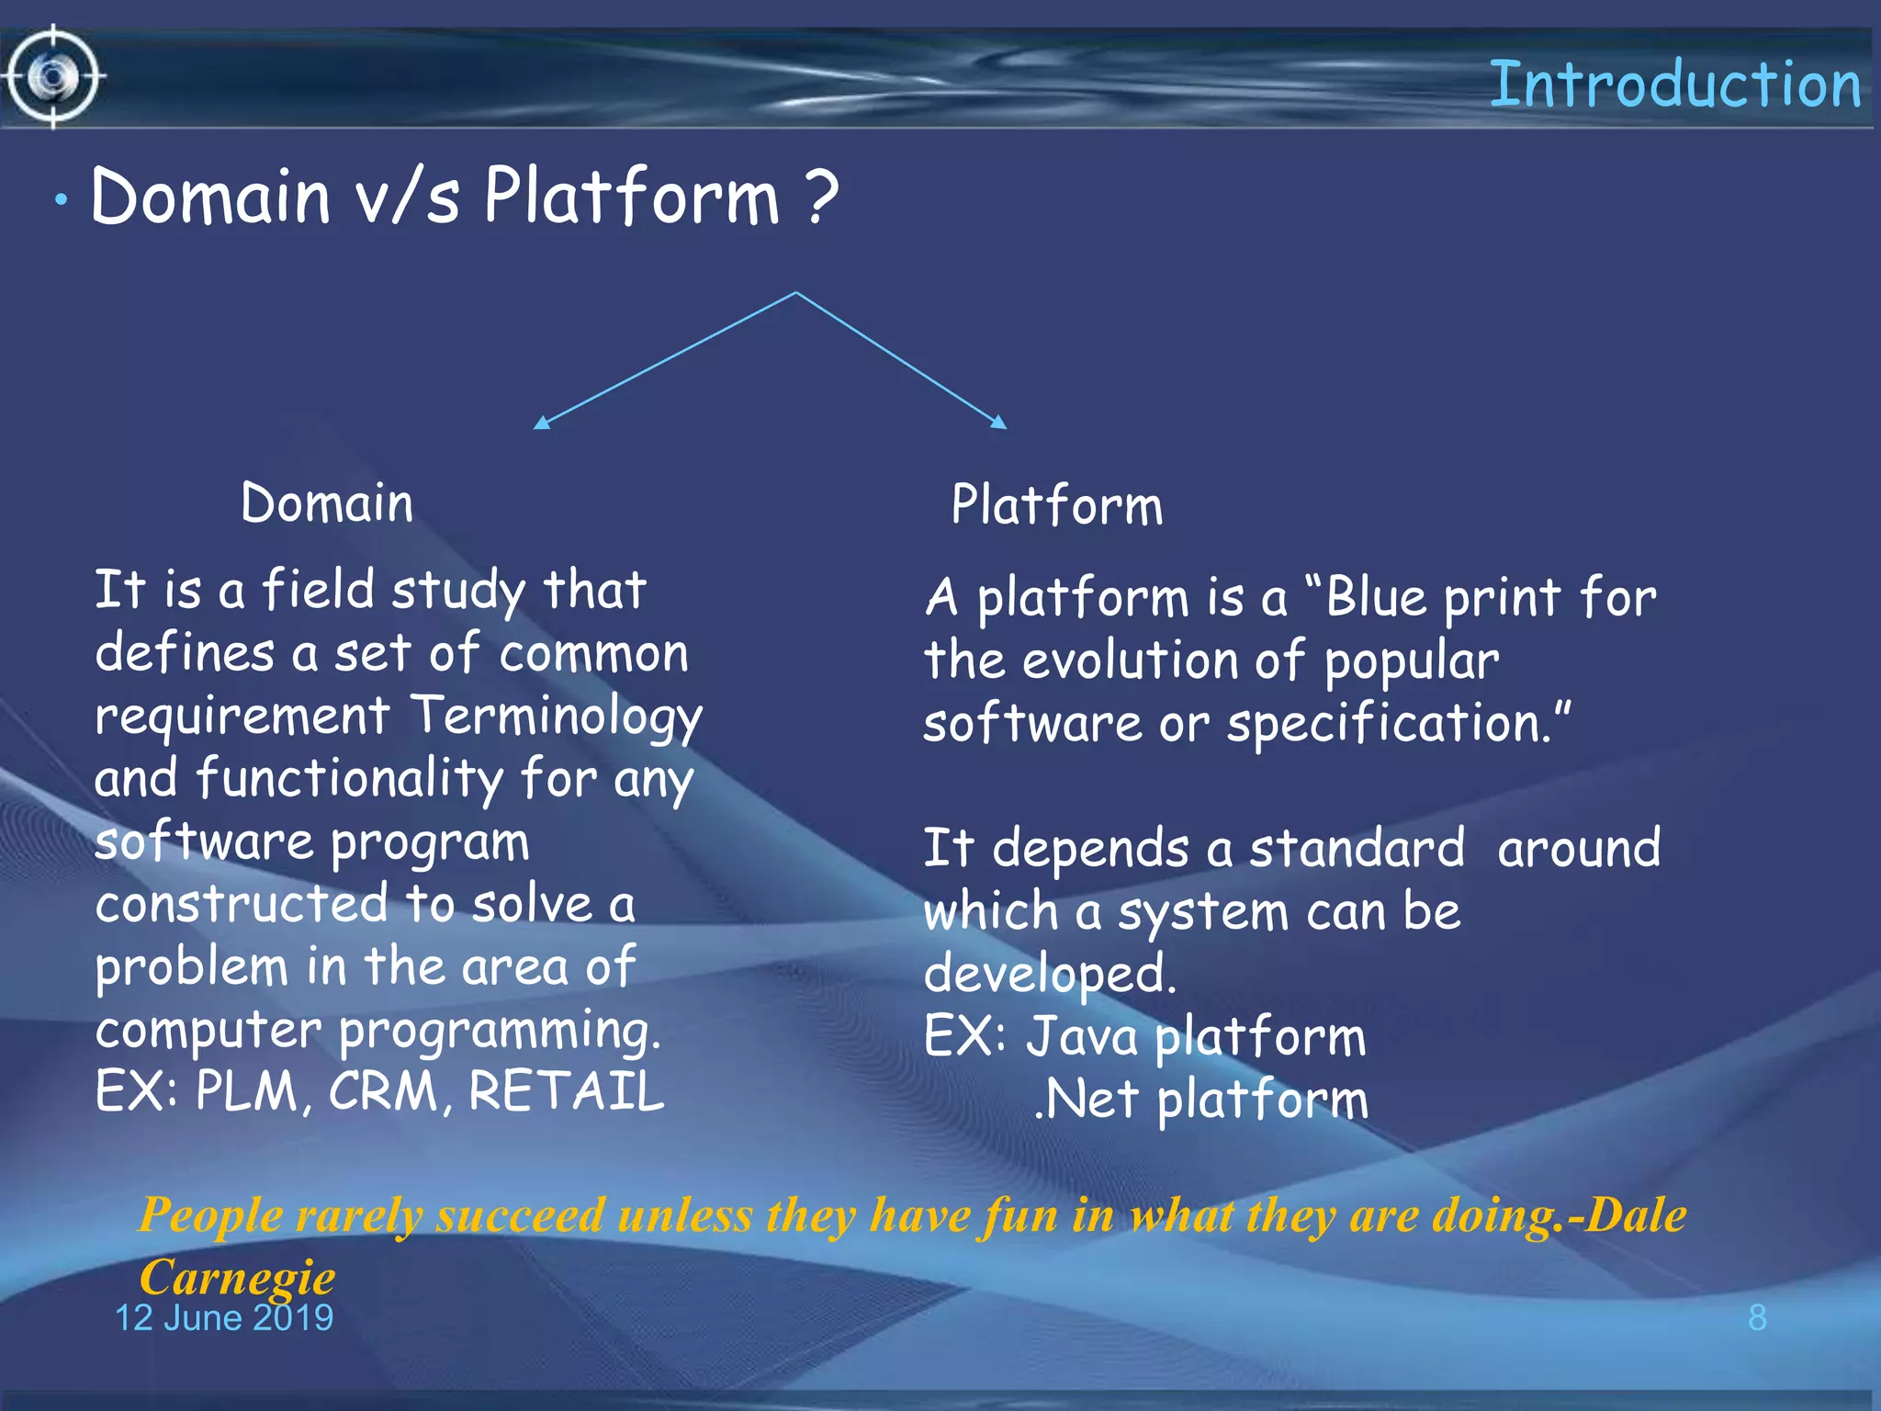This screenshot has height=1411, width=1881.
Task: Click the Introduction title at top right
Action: (x=1673, y=85)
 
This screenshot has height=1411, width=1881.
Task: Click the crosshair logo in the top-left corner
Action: (x=54, y=77)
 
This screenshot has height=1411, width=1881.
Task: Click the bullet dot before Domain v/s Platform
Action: (x=61, y=200)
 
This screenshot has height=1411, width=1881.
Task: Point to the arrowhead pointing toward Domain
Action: (x=542, y=423)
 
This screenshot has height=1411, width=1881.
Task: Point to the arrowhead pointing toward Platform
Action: (x=999, y=422)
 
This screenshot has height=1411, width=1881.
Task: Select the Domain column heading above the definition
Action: (x=326, y=503)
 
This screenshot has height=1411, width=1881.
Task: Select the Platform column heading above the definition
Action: (x=1056, y=505)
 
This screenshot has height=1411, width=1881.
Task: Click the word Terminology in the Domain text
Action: (x=555, y=717)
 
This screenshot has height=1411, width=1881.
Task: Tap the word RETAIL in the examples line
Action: (x=566, y=1091)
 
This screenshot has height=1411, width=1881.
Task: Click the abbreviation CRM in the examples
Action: (x=383, y=1091)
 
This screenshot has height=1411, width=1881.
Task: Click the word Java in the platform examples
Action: (x=1081, y=1036)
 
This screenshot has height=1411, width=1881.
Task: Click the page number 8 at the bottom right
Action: (x=1757, y=1318)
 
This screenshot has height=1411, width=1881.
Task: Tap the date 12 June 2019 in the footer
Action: (x=223, y=1318)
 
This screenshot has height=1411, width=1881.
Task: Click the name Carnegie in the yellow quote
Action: (x=237, y=1277)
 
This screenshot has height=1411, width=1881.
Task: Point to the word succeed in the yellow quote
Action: (x=520, y=1215)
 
